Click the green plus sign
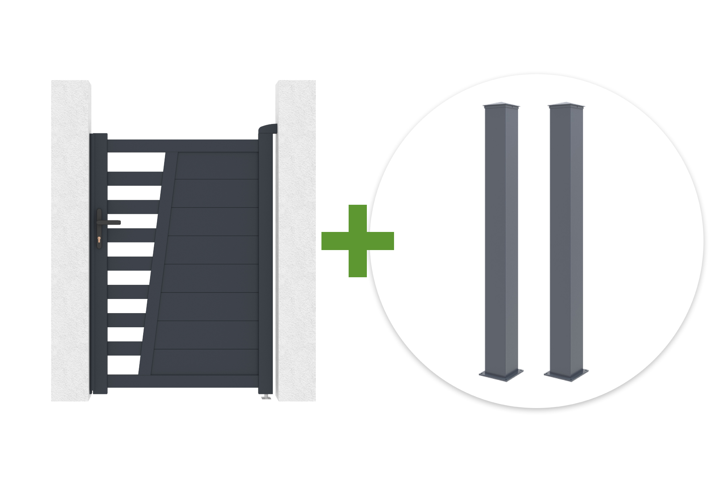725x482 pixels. pyautogui.click(x=357, y=241)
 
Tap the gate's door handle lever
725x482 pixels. pyautogui.click(x=110, y=223)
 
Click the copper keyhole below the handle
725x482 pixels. pyautogui.click(x=99, y=239)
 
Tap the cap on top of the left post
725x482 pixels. pyautogui.click(x=501, y=105)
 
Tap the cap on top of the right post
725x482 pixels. pyautogui.click(x=566, y=105)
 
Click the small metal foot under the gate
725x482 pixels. pyautogui.click(x=266, y=398)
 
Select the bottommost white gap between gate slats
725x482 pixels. pyautogui.click(x=124, y=365)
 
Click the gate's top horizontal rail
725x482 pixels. pyautogui.click(x=183, y=146)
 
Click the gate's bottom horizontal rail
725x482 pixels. pyautogui.click(x=183, y=381)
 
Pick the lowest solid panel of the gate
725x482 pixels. pyautogui.click(x=205, y=362)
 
